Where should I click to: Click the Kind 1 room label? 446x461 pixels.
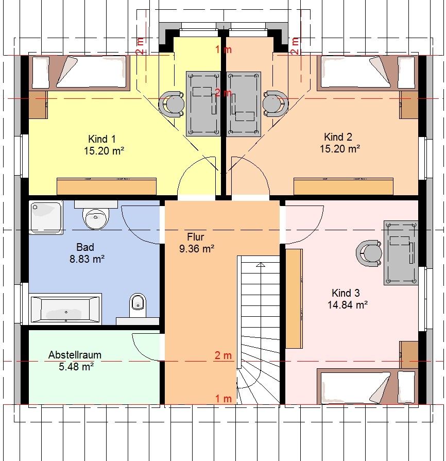click(102, 139)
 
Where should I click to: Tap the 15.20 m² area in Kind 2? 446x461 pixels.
click(340, 149)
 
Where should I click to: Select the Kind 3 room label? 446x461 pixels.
click(346, 293)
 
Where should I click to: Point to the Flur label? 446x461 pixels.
click(196, 236)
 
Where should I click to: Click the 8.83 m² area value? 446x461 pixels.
click(87, 259)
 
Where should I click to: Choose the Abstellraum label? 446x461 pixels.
click(75, 355)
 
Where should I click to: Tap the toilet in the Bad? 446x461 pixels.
click(138, 305)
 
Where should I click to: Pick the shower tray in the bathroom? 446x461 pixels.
click(46, 217)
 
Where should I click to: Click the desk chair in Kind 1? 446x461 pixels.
click(171, 104)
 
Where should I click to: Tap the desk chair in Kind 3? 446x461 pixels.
click(369, 253)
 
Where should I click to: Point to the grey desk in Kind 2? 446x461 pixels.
click(244, 104)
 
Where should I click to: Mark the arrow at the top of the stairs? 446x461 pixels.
click(260, 265)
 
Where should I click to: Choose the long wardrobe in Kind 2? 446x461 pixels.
click(344, 186)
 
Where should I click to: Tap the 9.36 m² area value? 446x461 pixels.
click(197, 249)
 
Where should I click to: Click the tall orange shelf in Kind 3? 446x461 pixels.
click(294, 299)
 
